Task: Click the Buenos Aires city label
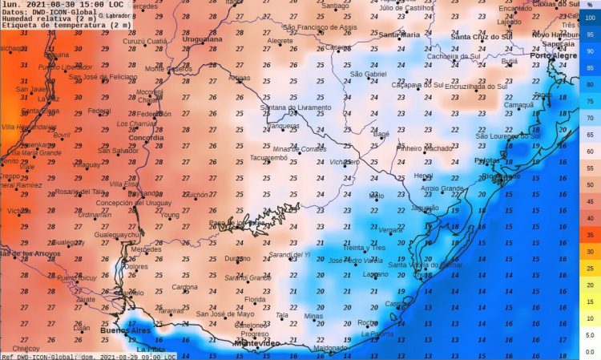click(125, 330)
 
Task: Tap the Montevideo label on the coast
click(256, 343)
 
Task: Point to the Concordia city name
click(146, 138)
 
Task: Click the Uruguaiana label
click(203, 38)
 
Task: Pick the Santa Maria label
click(398, 34)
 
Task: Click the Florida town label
click(254, 299)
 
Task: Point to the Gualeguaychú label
click(118, 234)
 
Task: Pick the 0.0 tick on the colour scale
click(590, 352)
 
